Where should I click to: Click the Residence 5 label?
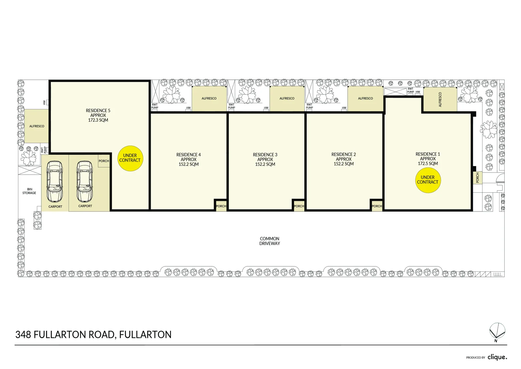98,115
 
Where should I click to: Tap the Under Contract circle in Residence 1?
428,180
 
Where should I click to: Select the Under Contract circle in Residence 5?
130,158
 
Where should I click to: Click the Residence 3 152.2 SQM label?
265,160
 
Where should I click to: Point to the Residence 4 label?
189,160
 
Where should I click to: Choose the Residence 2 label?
344,159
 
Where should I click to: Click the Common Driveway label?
270,241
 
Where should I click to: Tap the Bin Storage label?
29,191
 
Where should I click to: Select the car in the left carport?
55,182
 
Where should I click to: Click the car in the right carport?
85,182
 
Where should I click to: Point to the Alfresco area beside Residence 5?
37,126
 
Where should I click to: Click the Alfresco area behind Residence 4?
209,98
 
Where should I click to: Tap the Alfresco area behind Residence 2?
365,98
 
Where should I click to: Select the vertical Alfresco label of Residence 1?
440,99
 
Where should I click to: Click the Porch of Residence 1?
477,178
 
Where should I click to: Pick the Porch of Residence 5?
104,161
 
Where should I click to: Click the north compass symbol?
497,332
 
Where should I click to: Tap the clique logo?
497,357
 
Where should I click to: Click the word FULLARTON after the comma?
145,335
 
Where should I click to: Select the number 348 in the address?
24,335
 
